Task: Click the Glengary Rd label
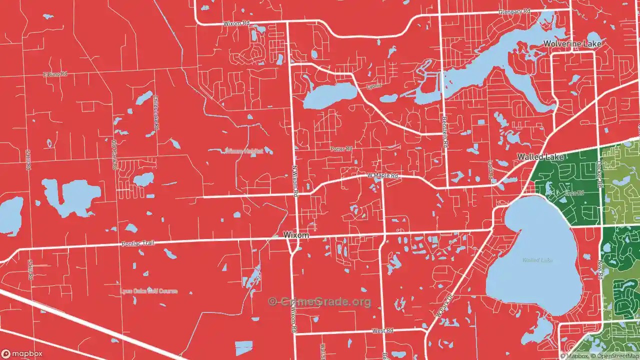pos(514,11)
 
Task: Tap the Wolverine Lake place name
pos(572,44)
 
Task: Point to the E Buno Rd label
pos(55,74)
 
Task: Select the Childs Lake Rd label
pos(155,113)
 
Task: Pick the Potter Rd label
pos(341,149)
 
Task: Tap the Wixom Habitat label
pos(243,151)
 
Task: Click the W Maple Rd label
pos(382,176)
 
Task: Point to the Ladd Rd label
pos(490,170)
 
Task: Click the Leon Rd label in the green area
pos(574,193)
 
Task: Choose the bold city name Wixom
pos(296,235)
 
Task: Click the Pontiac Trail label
pos(138,243)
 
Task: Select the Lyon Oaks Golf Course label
pos(148,291)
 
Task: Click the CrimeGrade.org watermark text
pos(320,301)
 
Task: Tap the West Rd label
pos(383,331)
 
